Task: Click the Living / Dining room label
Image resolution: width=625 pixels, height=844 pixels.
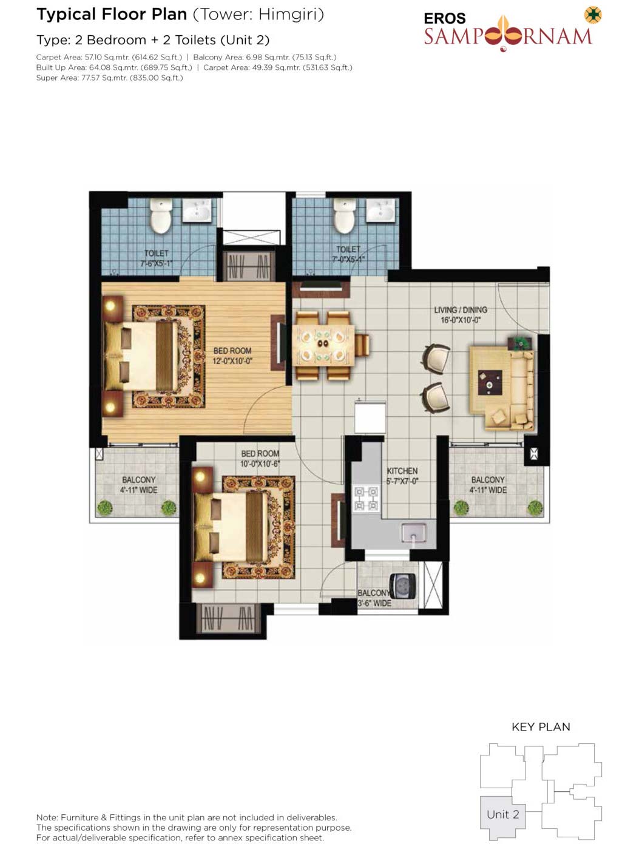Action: [x=460, y=310]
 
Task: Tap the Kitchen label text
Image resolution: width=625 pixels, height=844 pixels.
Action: [x=402, y=471]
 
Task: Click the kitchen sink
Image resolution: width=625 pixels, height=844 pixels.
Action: [x=414, y=531]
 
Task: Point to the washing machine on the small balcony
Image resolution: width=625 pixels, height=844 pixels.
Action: [x=404, y=584]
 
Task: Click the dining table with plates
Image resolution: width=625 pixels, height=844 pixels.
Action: [x=323, y=345]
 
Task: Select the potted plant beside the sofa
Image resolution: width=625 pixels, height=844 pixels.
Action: [x=519, y=343]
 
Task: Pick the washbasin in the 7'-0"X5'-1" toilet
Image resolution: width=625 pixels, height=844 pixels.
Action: [x=380, y=210]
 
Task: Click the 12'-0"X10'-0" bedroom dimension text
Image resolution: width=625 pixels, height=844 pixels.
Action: [x=232, y=361]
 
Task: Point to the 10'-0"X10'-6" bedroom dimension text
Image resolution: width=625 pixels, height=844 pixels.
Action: [x=260, y=464]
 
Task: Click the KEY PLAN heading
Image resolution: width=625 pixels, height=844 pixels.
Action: [x=541, y=727]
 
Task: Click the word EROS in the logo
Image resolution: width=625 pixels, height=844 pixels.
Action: [x=445, y=18]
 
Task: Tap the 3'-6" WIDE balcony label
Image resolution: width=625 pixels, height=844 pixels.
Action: [x=374, y=603]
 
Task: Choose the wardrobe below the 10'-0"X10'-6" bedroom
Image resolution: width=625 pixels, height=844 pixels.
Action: [x=228, y=618]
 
